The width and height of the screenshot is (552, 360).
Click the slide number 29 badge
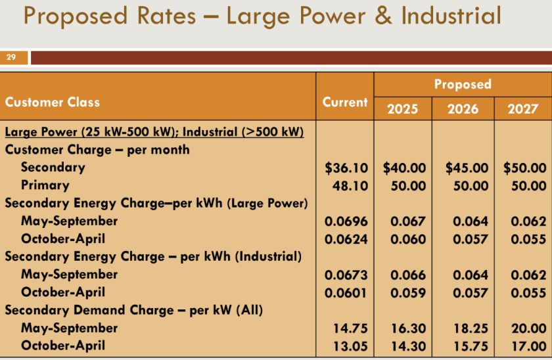coord(11,58)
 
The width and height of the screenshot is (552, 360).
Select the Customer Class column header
coord(53,102)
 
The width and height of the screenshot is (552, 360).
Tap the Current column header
coord(345,102)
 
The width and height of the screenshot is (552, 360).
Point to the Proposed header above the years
coord(463,84)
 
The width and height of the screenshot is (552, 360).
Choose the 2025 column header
coord(402,108)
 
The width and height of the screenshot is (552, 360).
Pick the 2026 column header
coord(463,108)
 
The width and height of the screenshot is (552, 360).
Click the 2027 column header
coord(522,108)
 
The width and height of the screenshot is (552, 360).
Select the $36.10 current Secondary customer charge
coord(346,168)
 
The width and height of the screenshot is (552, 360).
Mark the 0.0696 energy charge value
coord(346,221)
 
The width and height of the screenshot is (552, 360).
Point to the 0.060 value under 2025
coord(408,239)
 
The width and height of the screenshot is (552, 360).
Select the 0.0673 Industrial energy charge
coord(346,275)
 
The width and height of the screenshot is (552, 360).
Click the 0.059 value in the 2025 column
coord(408,292)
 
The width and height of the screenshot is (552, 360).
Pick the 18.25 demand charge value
coord(471,328)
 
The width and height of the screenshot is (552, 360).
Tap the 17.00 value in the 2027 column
coord(529,346)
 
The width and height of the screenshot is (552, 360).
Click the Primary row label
coord(45,185)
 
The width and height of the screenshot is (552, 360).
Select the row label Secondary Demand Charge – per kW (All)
coord(134,310)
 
